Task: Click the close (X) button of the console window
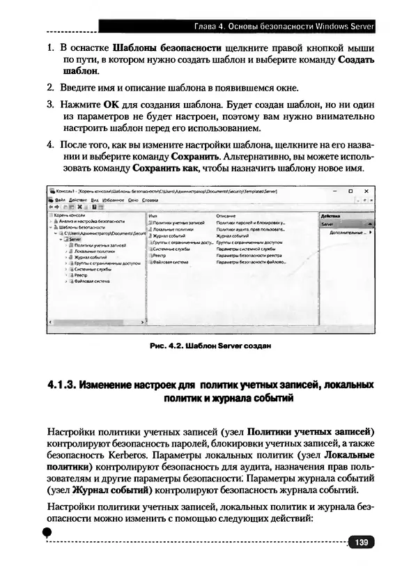coord(366,190)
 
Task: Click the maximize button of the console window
coord(350,190)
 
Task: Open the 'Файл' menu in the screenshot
coord(59,199)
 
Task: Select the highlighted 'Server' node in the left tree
coord(75,238)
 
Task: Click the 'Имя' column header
coord(153,216)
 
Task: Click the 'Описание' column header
coord(226,216)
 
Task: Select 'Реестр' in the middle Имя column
coord(158,255)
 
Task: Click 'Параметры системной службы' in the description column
coord(246,249)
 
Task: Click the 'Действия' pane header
coord(330,216)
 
